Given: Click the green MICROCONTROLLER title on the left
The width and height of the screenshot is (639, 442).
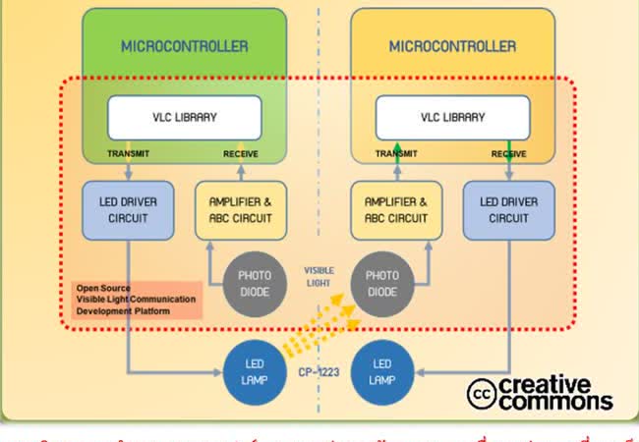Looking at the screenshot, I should click(x=184, y=46).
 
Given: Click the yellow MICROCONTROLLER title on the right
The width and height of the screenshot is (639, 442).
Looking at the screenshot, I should click(x=452, y=46).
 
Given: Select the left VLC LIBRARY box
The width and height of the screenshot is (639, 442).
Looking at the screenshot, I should click(x=184, y=117).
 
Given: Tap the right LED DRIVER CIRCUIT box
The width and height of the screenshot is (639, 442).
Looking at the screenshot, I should click(x=509, y=209).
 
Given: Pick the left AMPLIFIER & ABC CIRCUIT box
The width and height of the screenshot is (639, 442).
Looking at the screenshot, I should click(x=241, y=209).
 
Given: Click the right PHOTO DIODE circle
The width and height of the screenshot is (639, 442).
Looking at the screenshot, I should click(x=381, y=283).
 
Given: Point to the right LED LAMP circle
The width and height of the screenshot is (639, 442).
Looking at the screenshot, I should click(x=381, y=371).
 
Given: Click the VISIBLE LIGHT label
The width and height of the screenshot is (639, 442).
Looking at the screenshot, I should click(x=318, y=275).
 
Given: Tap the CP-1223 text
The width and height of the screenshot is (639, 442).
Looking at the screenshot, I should click(x=319, y=373).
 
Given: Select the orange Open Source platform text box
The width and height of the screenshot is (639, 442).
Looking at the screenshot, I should click(x=137, y=300).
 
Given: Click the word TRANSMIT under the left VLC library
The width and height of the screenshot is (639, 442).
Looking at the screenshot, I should click(x=129, y=153).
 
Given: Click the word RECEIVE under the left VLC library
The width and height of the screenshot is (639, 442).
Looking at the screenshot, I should click(x=241, y=153).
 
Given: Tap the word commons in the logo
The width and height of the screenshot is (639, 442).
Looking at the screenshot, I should click(x=555, y=401).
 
